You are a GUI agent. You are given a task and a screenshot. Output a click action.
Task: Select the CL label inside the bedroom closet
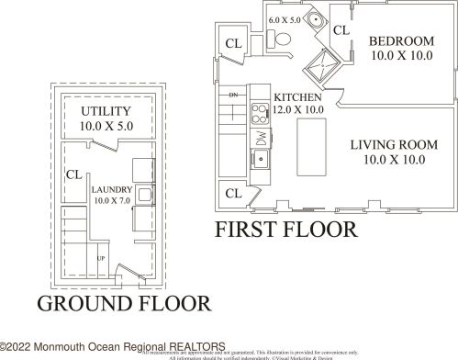[x=341, y=30]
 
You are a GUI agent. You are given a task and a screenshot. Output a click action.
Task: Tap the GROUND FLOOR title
[x=122, y=303]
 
